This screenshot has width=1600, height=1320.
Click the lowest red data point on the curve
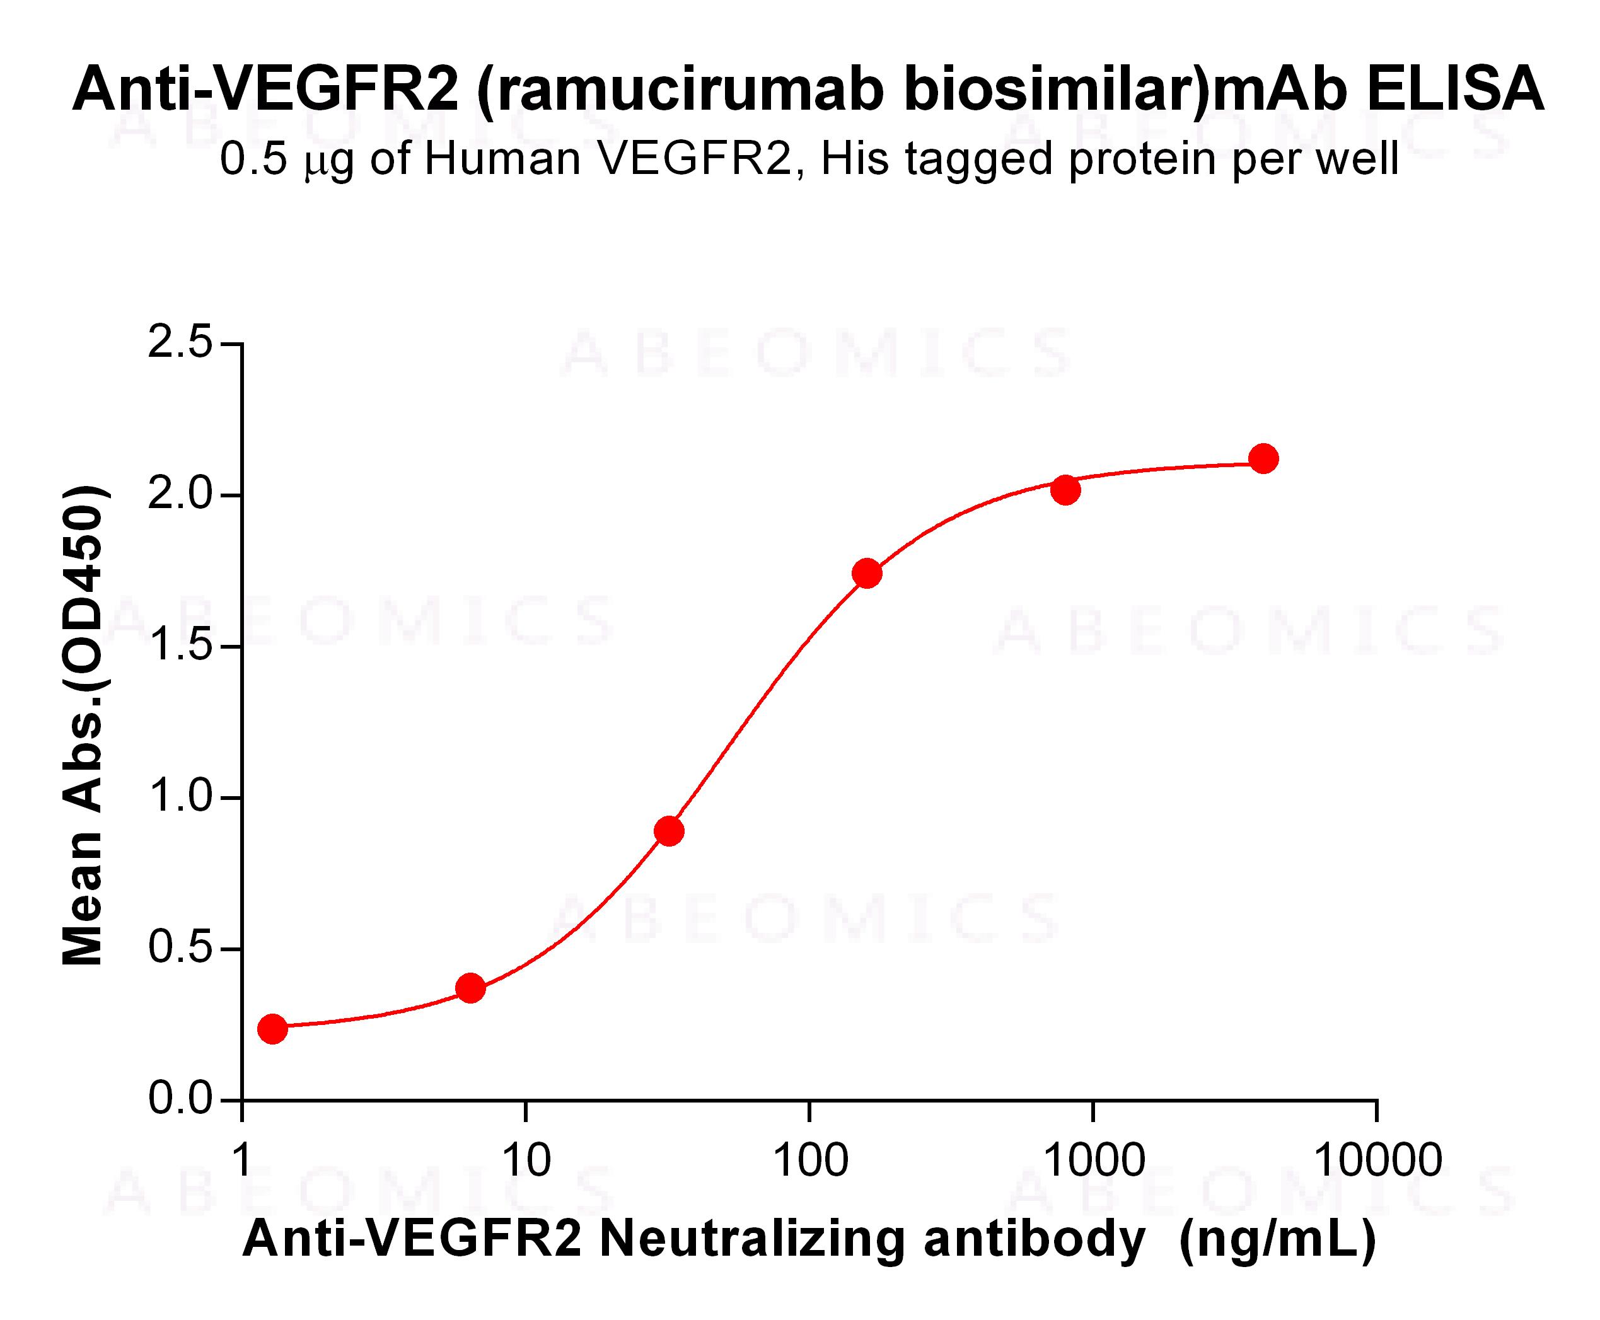[x=272, y=1029]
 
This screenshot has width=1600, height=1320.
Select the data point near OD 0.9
[x=668, y=831]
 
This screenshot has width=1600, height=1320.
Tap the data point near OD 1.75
[x=867, y=573]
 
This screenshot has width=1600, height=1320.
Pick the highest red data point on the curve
[x=1263, y=458]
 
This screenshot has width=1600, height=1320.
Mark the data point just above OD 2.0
[x=1065, y=490]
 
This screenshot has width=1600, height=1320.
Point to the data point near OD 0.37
[x=471, y=988]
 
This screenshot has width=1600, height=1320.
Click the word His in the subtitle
[x=855, y=159]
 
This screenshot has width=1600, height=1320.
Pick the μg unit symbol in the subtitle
[x=328, y=162]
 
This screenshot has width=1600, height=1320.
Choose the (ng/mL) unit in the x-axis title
[x=1278, y=1240]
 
